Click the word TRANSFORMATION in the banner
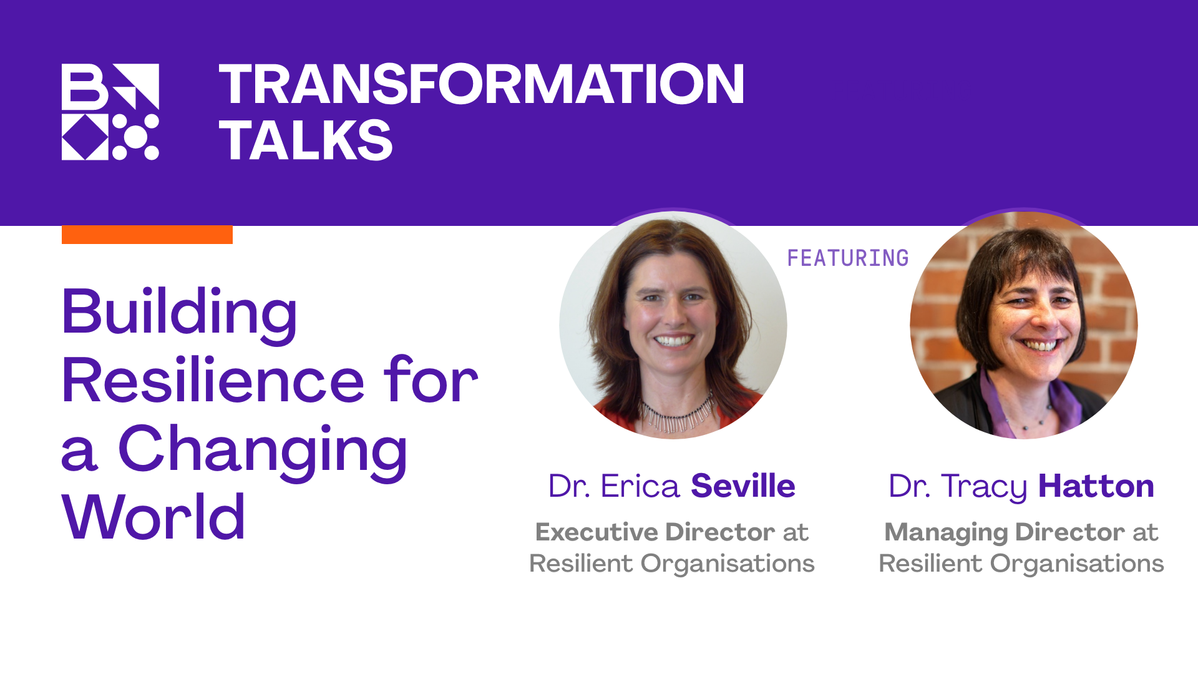click(x=481, y=84)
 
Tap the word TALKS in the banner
click(x=306, y=140)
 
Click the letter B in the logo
click(x=84, y=87)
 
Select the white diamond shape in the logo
click(x=85, y=137)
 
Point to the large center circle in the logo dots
click(x=135, y=137)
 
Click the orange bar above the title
click(x=147, y=235)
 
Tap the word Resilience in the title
click(x=213, y=381)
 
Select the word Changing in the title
click(x=263, y=449)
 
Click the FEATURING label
click(x=847, y=258)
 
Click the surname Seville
click(x=743, y=486)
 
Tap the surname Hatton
click(x=1096, y=486)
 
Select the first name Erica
click(x=640, y=486)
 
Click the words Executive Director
click(x=655, y=532)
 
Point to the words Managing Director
click(x=1005, y=532)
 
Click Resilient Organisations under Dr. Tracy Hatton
click(x=1021, y=564)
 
